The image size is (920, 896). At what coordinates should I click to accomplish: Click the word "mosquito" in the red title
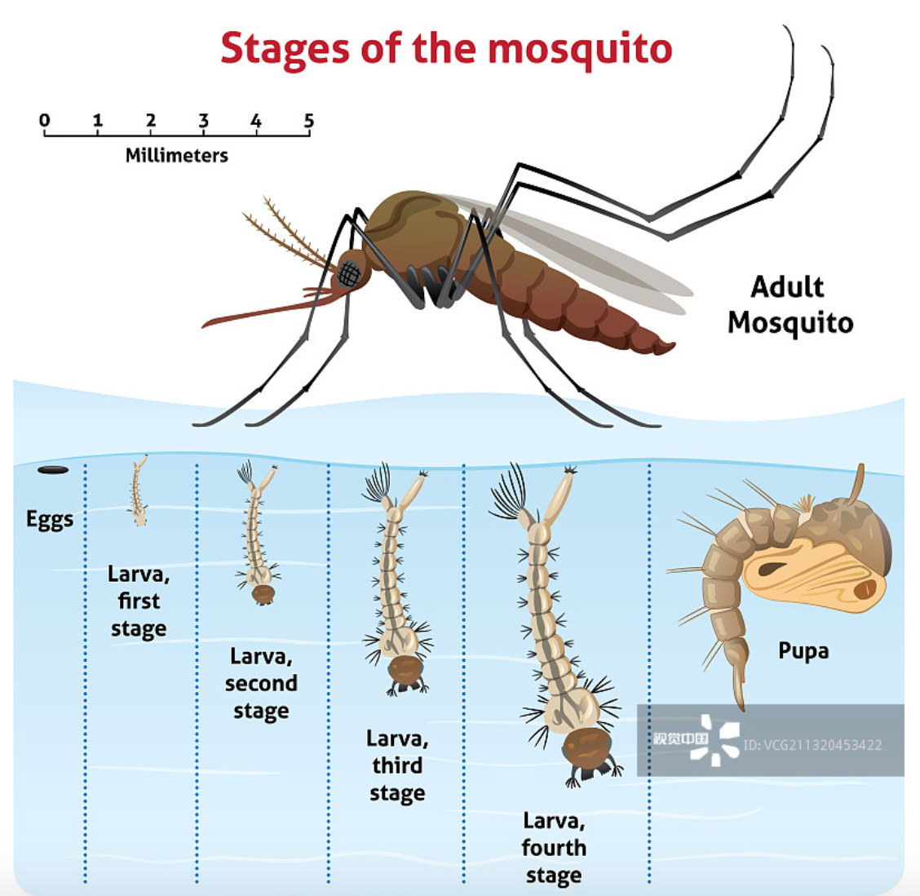tap(580, 49)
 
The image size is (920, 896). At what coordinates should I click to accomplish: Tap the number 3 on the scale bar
tap(204, 121)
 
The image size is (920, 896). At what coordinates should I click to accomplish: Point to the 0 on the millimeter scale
tap(45, 121)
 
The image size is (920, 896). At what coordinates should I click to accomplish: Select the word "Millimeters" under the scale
tap(177, 155)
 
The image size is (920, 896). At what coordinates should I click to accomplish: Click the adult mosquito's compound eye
tap(349, 274)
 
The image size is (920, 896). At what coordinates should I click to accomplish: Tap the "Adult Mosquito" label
tap(790, 304)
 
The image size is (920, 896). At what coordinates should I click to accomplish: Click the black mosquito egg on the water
tap(53, 470)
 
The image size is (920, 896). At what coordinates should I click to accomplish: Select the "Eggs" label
tap(50, 520)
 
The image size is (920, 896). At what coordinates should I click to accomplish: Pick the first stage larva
tap(138, 490)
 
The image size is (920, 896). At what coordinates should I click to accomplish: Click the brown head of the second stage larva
tap(263, 594)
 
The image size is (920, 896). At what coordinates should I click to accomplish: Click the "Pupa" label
tap(803, 651)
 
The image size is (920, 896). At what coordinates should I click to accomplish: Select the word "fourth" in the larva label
tap(553, 848)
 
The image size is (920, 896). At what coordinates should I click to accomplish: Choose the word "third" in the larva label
tap(397, 765)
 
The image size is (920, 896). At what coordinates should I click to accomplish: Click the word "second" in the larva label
tap(261, 684)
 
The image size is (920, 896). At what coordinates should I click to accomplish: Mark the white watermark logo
tap(714, 740)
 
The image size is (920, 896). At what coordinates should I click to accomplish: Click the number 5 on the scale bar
tap(309, 121)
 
